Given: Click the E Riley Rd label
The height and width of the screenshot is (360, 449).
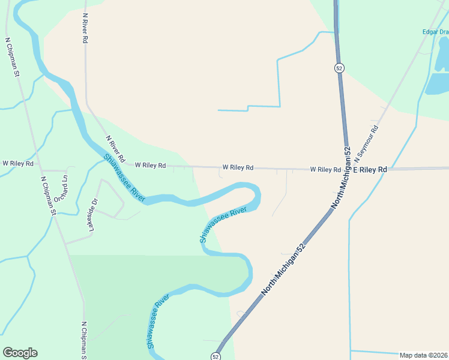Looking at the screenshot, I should (x=369, y=170).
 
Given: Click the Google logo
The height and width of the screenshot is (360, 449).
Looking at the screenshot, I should (x=20, y=353).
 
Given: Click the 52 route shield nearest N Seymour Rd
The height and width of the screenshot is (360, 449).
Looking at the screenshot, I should (x=339, y=68).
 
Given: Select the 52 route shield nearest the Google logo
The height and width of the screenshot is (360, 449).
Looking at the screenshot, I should (x=215, y=356).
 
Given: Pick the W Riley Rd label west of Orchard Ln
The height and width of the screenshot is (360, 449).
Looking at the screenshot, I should (x=17, y=163).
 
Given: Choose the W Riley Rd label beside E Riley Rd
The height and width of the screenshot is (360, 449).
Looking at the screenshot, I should (x=325, y=170).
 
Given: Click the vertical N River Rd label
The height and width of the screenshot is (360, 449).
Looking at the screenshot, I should (x=85, y=28).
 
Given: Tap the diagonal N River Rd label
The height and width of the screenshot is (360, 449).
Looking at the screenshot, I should (x=115, y=149).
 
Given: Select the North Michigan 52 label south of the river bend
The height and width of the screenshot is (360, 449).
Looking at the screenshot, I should (x=283, y=268).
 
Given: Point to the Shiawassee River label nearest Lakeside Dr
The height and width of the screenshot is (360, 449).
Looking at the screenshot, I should (x=125, y=178).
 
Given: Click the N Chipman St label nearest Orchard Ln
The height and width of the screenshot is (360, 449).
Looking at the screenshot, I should (x=48, y=196).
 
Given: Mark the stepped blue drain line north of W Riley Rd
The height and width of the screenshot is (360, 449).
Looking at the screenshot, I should (x=279, y=84).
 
